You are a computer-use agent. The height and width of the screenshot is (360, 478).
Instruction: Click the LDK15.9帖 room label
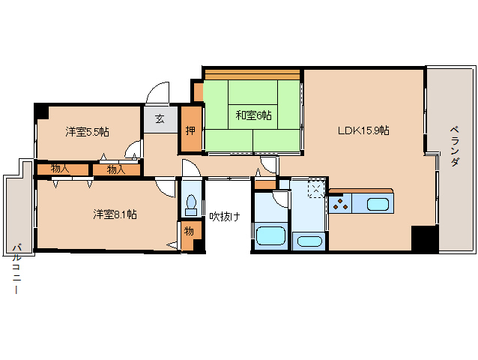click(x=363, y=130)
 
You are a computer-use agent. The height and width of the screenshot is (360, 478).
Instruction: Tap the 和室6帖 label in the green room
click(x=253, y=115)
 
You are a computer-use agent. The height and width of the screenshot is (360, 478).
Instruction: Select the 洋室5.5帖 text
click(x=87, y=132)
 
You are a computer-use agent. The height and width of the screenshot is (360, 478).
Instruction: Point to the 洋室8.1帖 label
click(x=115, y=214)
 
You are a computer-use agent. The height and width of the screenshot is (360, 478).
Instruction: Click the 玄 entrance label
click(x=160, y=118)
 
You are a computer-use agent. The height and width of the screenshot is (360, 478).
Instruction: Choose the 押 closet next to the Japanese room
click(x=191, y=129)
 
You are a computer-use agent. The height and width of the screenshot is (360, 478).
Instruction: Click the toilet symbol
click(x=192, y=204)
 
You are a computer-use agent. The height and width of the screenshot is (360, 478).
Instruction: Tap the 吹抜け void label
click(x=225, y=217)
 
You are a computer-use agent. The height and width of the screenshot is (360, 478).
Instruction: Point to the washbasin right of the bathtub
click(x=309, y=241)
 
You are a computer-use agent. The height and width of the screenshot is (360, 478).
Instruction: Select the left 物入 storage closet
click(x=61, y=169)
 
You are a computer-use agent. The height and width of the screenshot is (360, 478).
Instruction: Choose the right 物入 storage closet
click(x=116, y=169)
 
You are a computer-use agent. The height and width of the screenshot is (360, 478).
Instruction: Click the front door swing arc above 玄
click(x=159, y=94)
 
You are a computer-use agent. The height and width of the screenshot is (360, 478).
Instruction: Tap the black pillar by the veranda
click(x=424, y=238)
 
